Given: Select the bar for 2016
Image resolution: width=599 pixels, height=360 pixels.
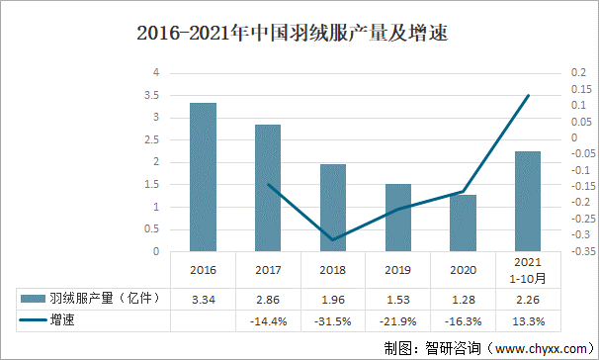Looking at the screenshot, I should pos(203,177).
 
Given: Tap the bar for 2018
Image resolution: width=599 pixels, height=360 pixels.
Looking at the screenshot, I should pos(333,208).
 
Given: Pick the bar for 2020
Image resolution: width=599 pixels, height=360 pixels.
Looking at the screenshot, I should pos(463,224).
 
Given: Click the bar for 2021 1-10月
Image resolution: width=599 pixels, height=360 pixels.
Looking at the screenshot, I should pos(528,202).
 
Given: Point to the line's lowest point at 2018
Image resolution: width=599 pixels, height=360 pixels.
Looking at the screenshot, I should pos(333,239).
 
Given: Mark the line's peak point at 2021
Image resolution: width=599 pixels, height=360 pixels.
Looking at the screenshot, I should pos(528,95).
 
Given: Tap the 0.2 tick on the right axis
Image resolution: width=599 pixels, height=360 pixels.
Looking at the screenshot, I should pos(578,72).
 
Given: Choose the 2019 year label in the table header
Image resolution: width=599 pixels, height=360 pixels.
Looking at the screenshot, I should pos(397,270).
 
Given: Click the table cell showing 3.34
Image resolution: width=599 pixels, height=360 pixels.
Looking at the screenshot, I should pos(203,299).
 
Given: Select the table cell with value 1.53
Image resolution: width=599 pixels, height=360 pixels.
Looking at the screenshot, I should pos(397,299).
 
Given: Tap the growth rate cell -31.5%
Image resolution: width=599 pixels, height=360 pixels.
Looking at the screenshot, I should pos(333,320).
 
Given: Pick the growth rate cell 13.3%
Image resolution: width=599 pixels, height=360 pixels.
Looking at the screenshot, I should pos(528,320).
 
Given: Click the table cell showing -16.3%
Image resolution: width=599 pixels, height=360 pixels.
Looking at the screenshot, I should pos(463,320).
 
